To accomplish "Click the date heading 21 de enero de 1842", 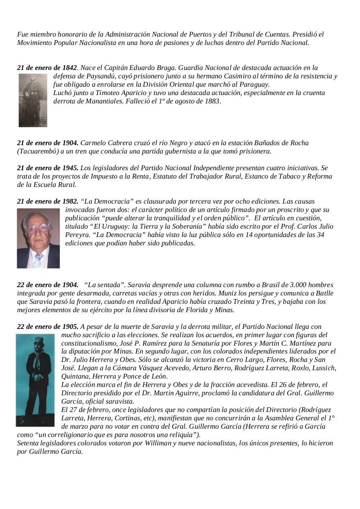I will (x=47, y=68).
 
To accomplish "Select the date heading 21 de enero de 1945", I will (x=48, y=168).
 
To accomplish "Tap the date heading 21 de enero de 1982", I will (x=48, y=202).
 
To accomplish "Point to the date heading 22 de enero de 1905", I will (x=48, y=327).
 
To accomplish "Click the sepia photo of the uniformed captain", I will (x=33, y=100).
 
